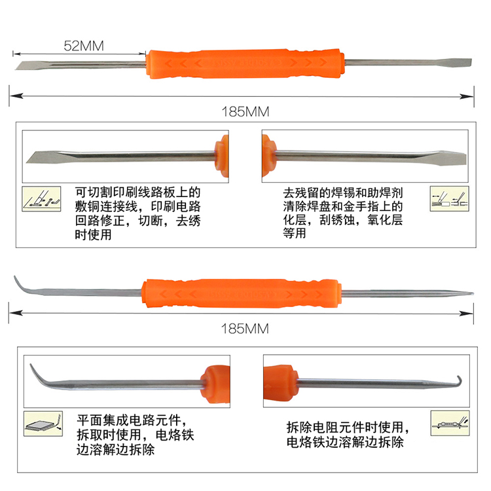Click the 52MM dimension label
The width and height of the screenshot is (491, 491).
(84, 46)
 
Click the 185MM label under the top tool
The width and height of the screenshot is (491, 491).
(245, 112)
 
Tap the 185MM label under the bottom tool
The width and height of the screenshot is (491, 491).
(245, 329)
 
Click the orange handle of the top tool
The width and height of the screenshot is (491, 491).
(245, 64)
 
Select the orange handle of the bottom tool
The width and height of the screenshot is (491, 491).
(242, 293)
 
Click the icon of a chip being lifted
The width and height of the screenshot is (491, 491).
(43, 424)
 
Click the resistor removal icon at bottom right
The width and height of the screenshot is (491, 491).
(450, 424)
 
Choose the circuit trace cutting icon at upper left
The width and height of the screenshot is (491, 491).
(41, 199)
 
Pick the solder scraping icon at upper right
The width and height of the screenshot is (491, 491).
(449, 198)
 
